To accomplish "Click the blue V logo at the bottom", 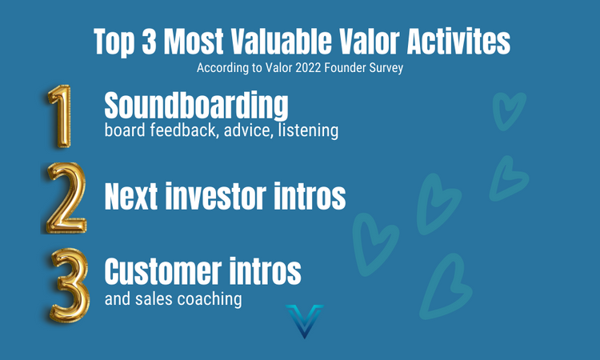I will pyautogui.click(x=304, y=320).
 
